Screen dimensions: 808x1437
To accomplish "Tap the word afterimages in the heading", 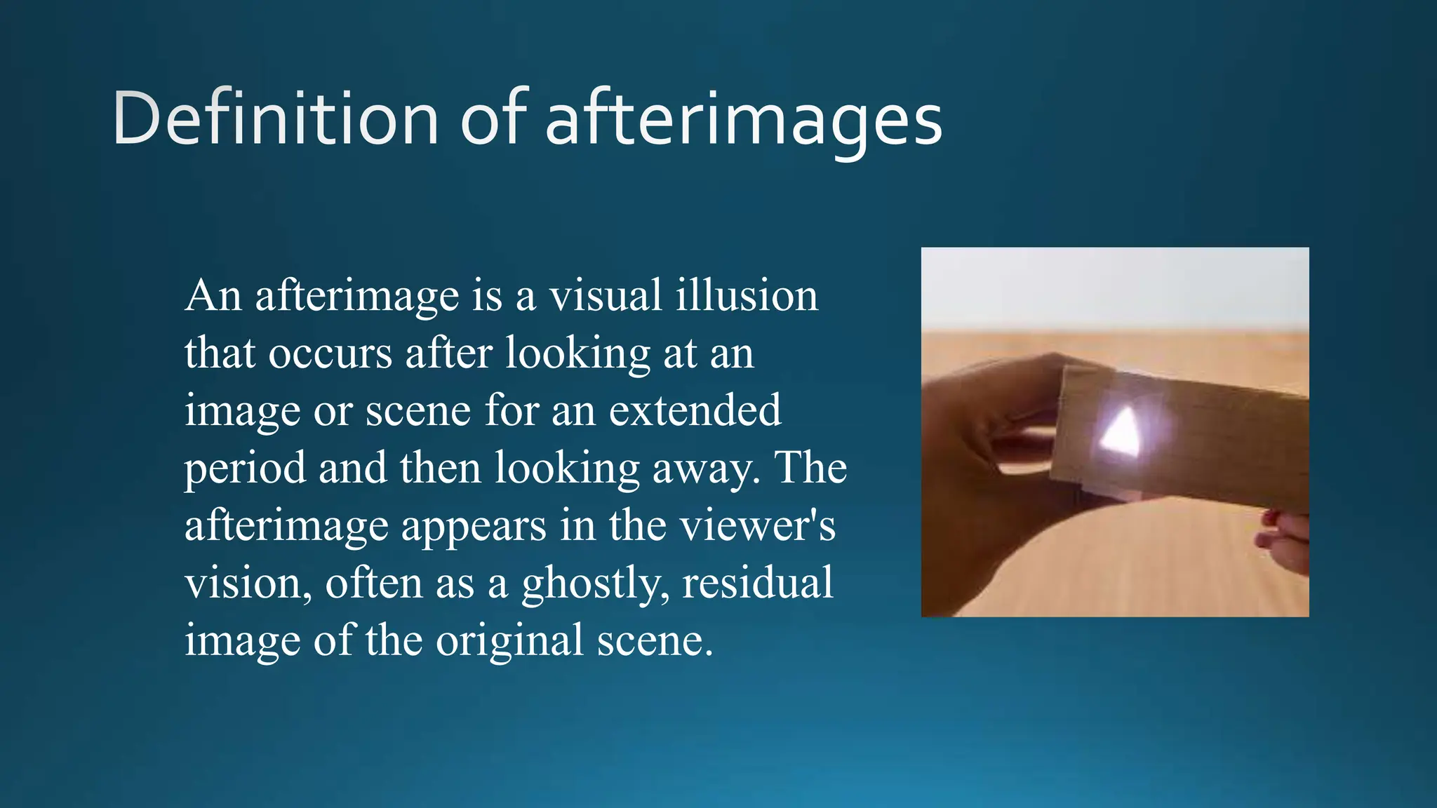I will tap(744, 121).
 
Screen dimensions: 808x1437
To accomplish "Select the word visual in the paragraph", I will tap(606, 295).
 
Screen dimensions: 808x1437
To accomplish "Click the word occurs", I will tap(330, 353).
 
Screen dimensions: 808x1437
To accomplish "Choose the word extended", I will tap(695, 410).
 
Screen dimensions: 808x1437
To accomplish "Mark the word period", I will tap(245, 469).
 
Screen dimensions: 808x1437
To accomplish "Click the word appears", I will tap(474, 526).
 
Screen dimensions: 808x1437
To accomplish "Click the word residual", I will tap(758, 584).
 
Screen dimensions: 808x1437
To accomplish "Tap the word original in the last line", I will tap(509, 641).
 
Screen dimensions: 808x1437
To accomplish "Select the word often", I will tap(373, 584).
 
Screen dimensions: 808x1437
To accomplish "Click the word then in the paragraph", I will tap(440, 469).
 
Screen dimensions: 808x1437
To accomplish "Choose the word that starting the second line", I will tap(220, 353).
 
